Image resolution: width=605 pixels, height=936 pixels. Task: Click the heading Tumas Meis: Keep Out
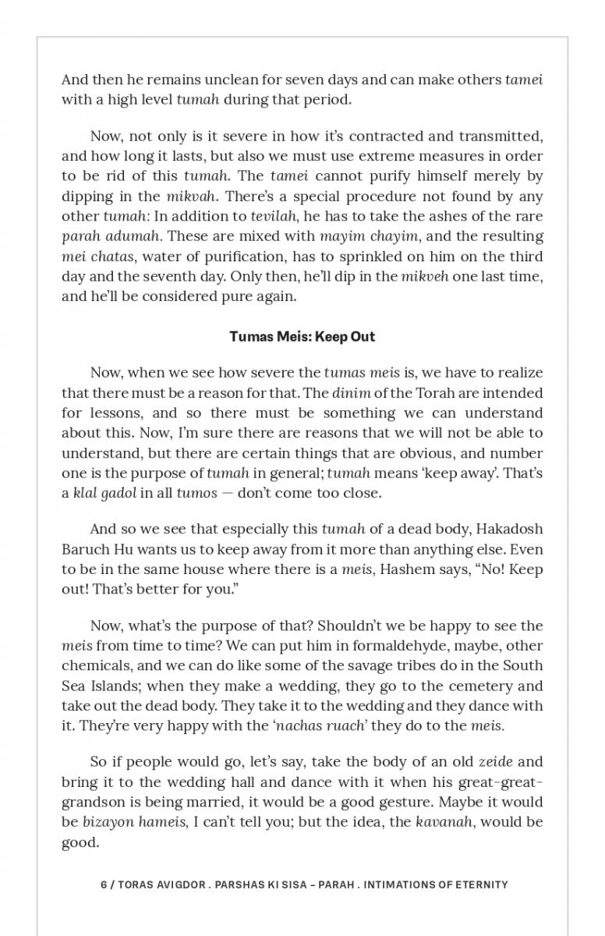(x=302, y=337)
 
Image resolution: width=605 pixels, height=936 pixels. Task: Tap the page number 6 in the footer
(x=104, y=885)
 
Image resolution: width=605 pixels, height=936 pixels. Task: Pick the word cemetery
(x=479, y=686)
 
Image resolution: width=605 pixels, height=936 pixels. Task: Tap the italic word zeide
(x=494, y=761)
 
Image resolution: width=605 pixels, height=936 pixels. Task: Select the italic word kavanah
(x=442, y=821)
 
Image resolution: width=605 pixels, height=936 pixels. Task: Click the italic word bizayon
(x=108, y=821)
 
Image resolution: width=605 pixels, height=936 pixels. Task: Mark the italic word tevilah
(x=271, y=216)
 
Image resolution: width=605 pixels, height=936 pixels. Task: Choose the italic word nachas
(x=299, y=726)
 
